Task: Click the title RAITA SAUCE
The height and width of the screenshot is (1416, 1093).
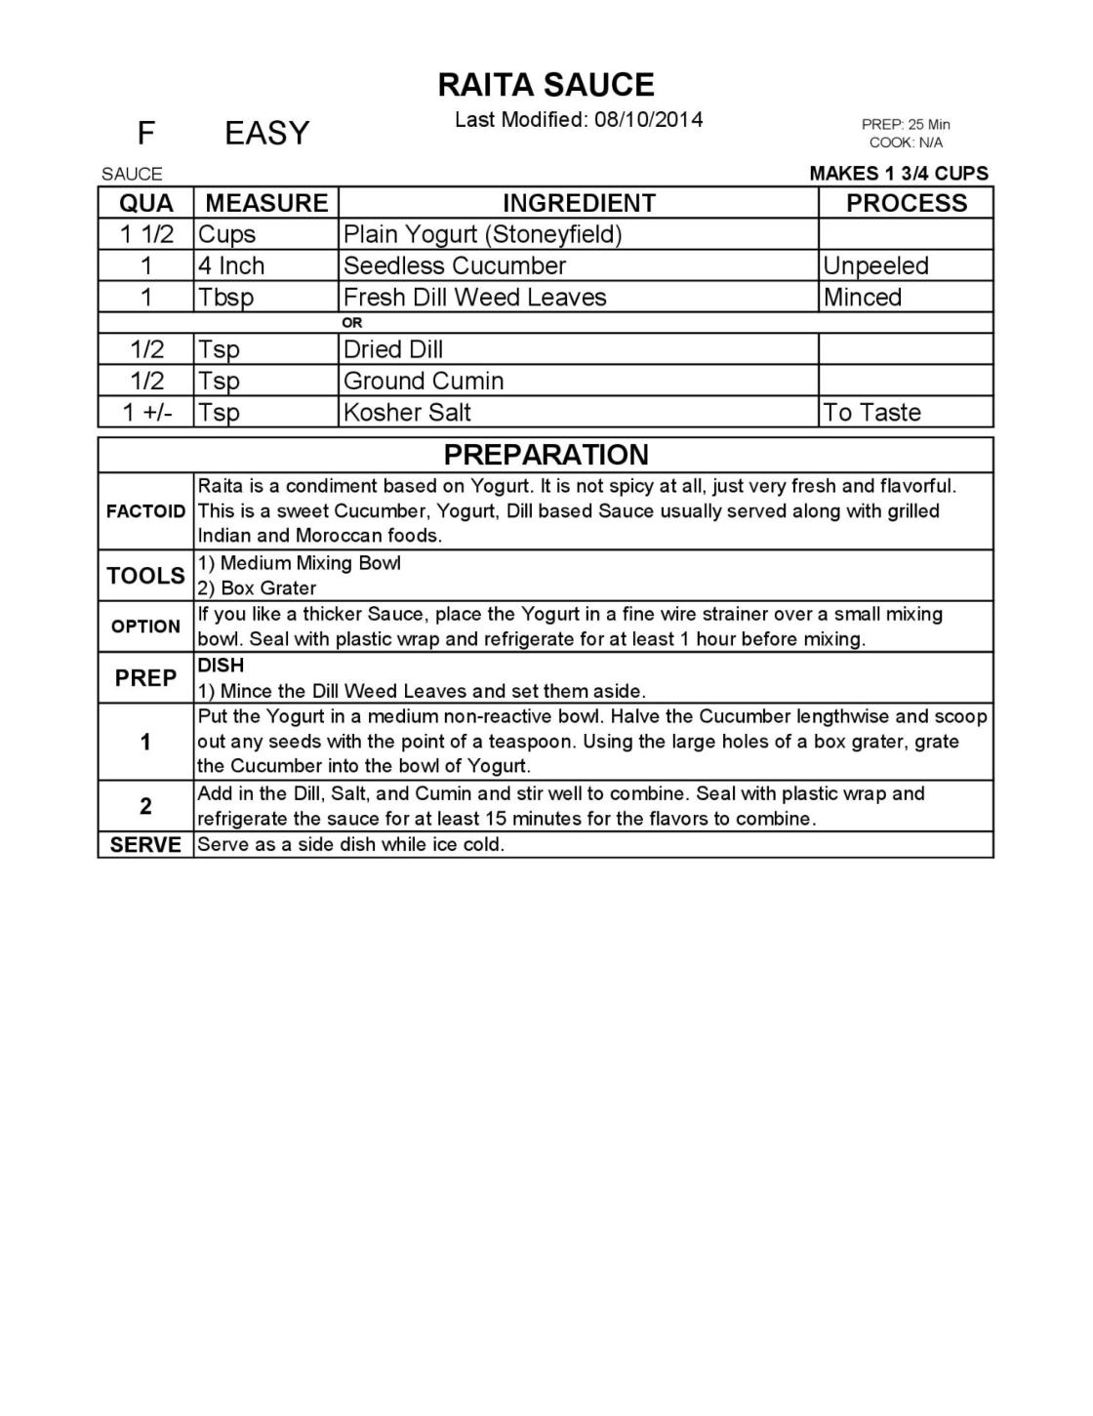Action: (x=546, y=85)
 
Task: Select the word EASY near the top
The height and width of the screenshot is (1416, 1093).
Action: (x=266, y=133)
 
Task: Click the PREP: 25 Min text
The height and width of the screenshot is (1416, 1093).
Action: (x=906, y=125)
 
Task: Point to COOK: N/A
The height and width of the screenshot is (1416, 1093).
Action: (x=906, y=142)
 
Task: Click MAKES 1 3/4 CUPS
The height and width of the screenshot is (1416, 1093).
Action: (x=899, y=174)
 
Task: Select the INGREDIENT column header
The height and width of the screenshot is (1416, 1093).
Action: (x=579, y=203)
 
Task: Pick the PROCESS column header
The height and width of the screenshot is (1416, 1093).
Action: (x=906, y=203)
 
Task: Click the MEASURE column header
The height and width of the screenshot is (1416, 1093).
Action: (x=266, y=203)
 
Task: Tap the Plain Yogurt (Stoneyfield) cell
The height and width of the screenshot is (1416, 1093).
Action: (x=482, y=234)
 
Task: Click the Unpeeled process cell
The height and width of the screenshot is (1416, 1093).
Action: (x=875, y=265)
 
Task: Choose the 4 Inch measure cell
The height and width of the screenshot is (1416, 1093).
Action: (x=231, y=265)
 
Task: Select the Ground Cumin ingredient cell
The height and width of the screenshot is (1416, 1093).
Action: (x=424, y=381)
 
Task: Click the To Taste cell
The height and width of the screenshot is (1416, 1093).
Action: (x=871, y=412)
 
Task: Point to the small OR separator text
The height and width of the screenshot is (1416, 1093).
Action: (x=352, y=323)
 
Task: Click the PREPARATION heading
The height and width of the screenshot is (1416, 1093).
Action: (x=546, y=455)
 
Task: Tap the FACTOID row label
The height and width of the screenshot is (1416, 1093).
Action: (x=145, y=511)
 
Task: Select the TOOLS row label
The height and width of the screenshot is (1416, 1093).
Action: (x=145, y=576)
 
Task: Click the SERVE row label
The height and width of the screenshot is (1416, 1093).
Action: (x=145, y=845)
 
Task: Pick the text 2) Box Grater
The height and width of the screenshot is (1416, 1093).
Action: (x=257, y=588)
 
